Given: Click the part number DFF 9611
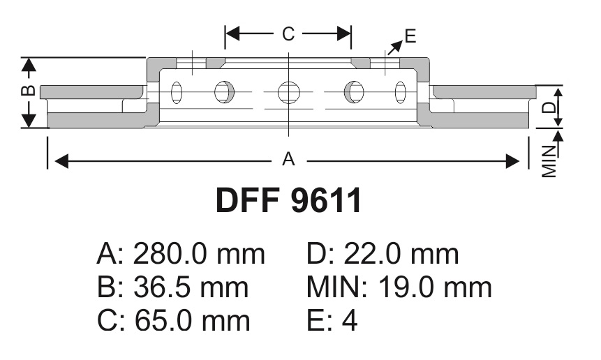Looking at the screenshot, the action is tap(288, 200).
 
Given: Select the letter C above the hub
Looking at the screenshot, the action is tap(288, 33).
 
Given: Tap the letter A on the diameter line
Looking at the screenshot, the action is tap(288, 159).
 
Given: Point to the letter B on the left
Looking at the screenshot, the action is tap(29, 91).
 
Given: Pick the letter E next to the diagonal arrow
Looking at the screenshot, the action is tap(410, 36).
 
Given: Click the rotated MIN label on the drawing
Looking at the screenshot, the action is tap(549, 161).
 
